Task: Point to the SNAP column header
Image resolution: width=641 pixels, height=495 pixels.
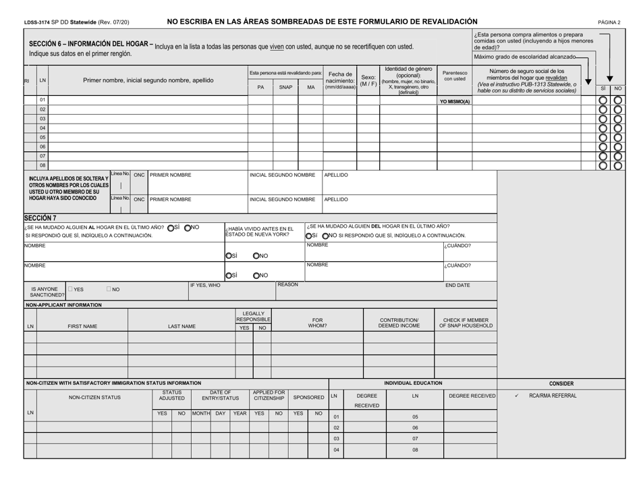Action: [x=285, y=86]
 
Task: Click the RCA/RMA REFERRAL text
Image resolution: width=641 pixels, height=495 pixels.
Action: [x=553, y=395]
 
